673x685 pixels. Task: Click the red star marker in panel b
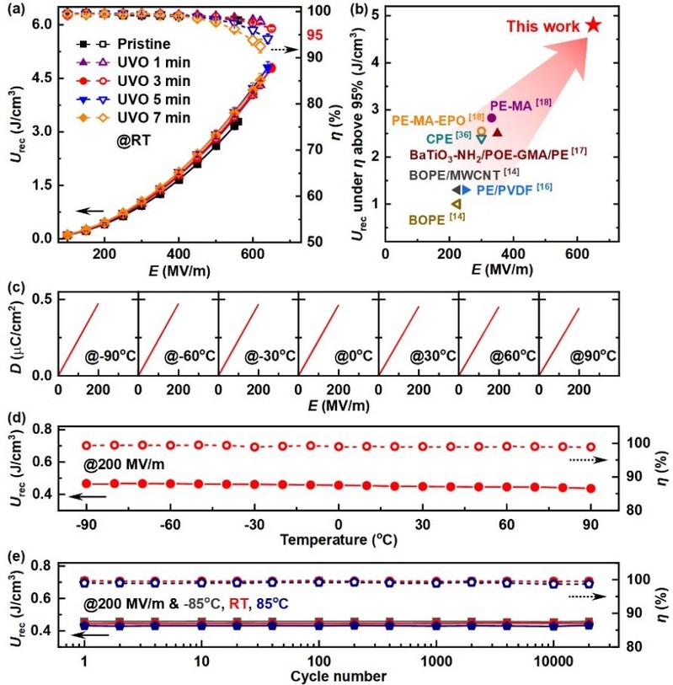tap(594, 24)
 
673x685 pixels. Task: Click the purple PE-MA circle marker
tap(492, 118)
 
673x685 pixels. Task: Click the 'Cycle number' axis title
tap(338, 675)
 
